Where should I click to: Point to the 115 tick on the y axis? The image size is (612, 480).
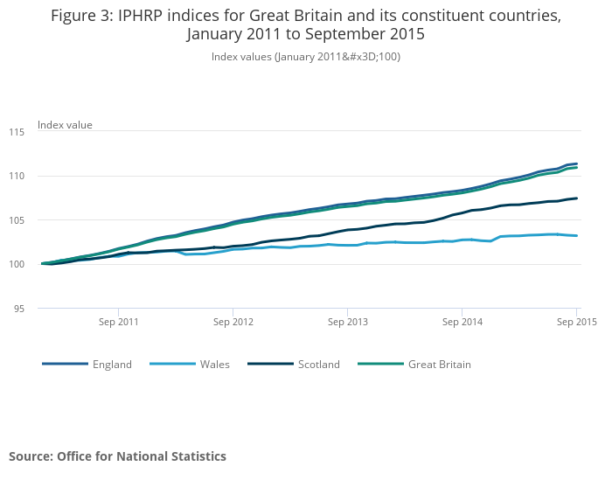(17, 132)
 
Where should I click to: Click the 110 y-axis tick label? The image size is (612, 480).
(17, 176)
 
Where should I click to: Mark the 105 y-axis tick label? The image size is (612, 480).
(17, 220)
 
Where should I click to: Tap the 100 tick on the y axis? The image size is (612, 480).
(17, 264)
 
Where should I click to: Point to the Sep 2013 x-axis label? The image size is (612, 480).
(347, 322)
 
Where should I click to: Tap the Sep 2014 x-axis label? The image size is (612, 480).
(462, 322)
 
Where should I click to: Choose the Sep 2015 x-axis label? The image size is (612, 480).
(576, 322)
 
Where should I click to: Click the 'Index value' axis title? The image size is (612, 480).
(65, 125)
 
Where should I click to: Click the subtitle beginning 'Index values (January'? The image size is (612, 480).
(306, 56)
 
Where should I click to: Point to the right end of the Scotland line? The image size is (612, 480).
(577, 198)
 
